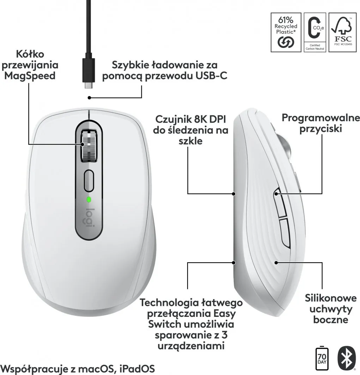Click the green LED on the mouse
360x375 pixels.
(x=89, y=199)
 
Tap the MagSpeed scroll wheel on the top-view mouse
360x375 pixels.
(x=89, y=146)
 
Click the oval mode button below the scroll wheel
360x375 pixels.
(x=89, y=180)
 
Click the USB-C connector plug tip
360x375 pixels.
(x=89, y=85)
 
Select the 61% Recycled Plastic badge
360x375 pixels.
(x=286, y=32)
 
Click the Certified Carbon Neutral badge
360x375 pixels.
(x=315, y=32)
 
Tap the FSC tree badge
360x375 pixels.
(x=343, y=32)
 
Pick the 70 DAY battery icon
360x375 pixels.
(x=322, y=358)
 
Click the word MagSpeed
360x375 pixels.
(x=30, y=76)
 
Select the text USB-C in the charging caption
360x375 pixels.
(x=212, y=75)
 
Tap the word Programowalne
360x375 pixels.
(x=321, y=118)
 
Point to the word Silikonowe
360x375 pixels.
(x=331, y=298)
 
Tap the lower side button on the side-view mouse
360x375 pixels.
(x=285, y=232)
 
